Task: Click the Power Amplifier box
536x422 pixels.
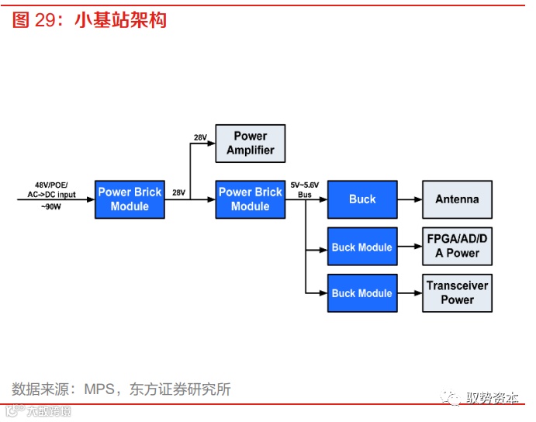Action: [250, 143]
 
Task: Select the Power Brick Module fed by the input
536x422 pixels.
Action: [130, 199]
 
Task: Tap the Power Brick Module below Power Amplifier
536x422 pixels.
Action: [250, 199]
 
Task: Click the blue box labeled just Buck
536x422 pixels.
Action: [362, 199]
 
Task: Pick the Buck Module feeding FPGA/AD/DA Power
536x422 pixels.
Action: [362, 247]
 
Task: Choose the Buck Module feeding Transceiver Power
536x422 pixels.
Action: [362, 293]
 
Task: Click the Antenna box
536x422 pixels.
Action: [457, 199]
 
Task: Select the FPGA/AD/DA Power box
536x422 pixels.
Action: [457, 246]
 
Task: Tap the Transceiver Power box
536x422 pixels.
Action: [457, 292]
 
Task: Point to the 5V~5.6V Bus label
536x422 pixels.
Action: [305, 190]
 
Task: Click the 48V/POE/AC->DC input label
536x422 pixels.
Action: [51, 190]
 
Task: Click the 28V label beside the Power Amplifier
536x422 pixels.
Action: [200, 137]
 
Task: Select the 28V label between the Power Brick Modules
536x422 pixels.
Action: [178, 192]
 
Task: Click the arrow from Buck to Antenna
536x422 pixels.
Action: [409, 199]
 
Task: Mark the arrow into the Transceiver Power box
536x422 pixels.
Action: [409, 293]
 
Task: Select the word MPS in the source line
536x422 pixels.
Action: [99, 389]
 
